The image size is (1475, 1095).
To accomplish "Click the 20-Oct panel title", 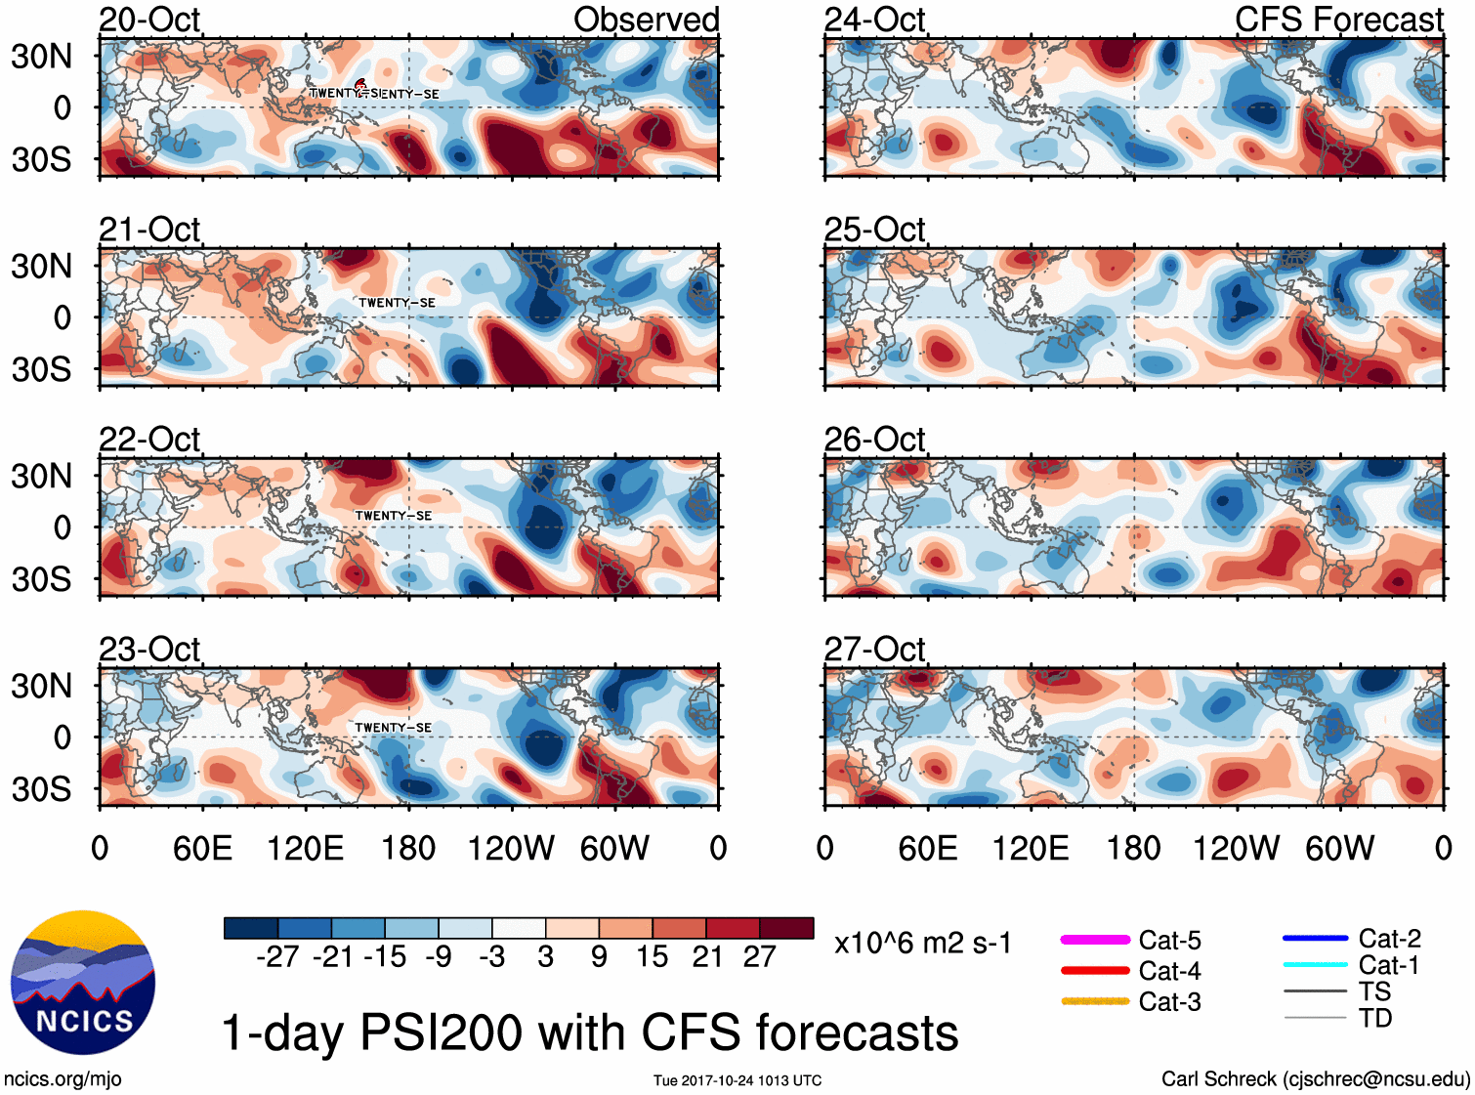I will (x=149, y=20).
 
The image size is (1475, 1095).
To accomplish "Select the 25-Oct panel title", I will (x=874, y=230).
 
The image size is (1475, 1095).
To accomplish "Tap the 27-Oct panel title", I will (x=874, y=650).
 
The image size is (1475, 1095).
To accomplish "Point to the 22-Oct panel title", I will (x=149, y=440).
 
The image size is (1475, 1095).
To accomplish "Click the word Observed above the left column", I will (x=646, y=20).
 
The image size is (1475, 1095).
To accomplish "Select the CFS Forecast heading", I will (x=1338, y=20).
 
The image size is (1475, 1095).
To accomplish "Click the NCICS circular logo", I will (x=83, y=983).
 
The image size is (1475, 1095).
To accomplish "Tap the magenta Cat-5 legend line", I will (x=1095, y=940).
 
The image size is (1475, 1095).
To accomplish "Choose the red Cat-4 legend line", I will (x=1095, y=971).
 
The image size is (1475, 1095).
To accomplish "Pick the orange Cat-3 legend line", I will (x=1095, y=1001).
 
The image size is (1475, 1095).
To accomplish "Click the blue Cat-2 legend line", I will (x=1315, y=939).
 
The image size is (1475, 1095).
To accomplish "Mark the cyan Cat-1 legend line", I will (x=1315, y=965).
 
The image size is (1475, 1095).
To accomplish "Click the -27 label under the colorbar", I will (x=277, y=957).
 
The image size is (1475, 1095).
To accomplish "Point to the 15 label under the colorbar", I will (x=653, y=957).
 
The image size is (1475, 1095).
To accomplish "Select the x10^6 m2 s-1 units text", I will (x=922, y=944).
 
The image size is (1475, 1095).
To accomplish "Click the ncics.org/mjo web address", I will (x=63, y=1079).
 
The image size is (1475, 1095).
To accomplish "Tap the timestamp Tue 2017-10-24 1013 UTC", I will (x=737, y=1080).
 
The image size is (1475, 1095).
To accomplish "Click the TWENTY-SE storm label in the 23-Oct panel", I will (x=393, y=728).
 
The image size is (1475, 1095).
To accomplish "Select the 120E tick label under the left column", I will (x=306, y=848).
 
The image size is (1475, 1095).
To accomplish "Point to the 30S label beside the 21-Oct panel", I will (x=41, y=369).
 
